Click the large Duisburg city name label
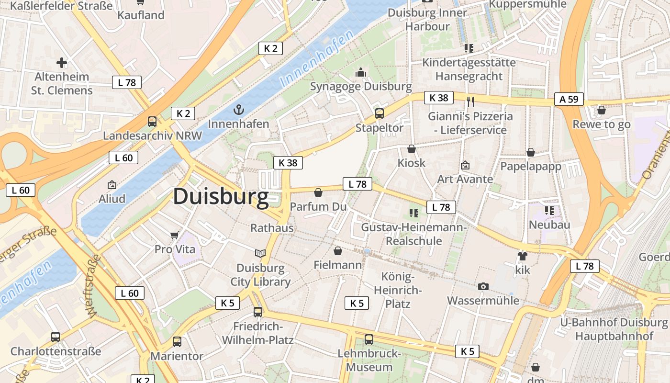221,197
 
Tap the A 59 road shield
569,99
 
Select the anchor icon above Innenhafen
238,110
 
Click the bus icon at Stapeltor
380,113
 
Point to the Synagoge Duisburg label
361,87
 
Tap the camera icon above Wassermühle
483,286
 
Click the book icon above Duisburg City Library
260,253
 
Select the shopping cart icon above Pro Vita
175,235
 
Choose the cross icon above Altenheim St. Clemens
62,62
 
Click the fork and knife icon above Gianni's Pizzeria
470,101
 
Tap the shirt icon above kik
522,256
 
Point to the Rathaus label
272,228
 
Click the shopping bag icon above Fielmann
338,251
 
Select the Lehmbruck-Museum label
369,360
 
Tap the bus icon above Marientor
177,341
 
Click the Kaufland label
141,15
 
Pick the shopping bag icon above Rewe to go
602,110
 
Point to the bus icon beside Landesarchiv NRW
152,122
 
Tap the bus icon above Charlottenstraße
56,337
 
